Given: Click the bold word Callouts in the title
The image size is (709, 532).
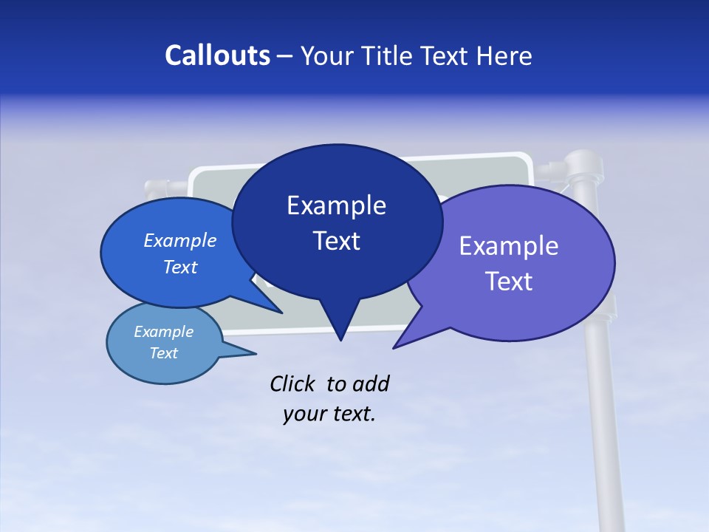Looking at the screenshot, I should [x=217, y=55].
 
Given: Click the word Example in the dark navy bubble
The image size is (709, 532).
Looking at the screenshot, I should [x=336, y=205].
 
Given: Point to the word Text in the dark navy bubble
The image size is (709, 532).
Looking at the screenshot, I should [x=336, y=241].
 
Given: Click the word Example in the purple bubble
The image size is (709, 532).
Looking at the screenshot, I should [x=509, y=246].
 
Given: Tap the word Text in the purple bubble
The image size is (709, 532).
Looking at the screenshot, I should [x=509, y=282].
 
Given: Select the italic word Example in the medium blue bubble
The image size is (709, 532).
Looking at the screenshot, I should [x=180, y=240].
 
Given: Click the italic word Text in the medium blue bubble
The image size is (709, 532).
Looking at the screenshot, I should [x=180, y=267].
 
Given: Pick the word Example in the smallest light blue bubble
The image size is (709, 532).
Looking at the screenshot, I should [x=164, y=332].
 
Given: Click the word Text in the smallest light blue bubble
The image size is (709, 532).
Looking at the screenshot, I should [x=164, y=353].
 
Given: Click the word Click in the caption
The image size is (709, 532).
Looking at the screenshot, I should [x=294, y=384].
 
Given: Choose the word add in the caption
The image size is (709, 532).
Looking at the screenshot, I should [x=370, y=384].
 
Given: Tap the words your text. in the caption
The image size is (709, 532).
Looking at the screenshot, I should [x=329, y=414].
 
